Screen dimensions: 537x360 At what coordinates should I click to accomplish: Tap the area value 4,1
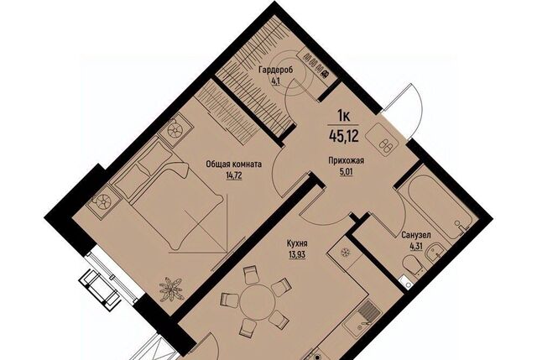coord(275,81)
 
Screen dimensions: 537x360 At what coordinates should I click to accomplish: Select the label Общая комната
coord(234,164)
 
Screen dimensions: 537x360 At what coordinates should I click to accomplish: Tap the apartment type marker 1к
coord(343,117)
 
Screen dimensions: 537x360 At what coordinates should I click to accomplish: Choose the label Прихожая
coord(346,160)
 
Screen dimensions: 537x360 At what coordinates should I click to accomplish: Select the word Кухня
coord(297,244)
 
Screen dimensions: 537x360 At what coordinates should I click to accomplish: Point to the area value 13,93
coord(297,255)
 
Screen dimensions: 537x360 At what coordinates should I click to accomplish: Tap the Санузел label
coord(416,236)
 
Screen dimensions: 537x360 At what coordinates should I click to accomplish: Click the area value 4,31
coord(416,246)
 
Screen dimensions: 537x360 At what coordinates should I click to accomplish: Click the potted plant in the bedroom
coord(171,290)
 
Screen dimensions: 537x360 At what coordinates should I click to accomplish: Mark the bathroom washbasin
coord(435,252)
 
